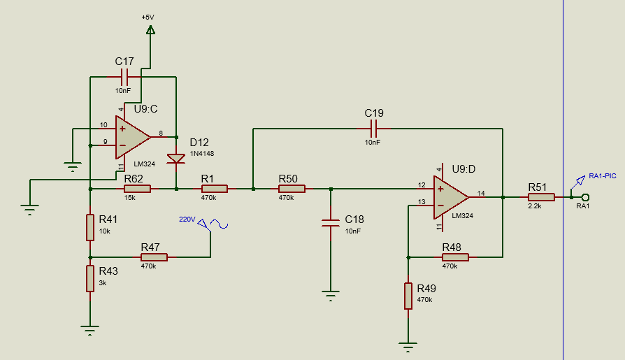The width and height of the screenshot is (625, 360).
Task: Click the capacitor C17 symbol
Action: pos(124,77)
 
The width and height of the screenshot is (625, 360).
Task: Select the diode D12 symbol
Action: pos(176,159)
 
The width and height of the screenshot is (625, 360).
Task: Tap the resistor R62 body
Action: pos(138,189)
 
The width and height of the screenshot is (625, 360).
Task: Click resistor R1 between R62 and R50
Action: pos(215,189)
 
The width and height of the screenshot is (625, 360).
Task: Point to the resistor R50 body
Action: pos(292,189)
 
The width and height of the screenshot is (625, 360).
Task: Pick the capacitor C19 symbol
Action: pos(374,129)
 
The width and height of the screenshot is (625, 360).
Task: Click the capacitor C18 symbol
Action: pos(331,223)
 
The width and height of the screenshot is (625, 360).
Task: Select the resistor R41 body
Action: pos(90,227)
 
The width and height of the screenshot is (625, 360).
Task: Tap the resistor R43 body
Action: pos(90,279)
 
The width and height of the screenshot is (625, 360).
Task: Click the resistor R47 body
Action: pos(154,257)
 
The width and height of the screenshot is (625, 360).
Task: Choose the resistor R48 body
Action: pos(455,257)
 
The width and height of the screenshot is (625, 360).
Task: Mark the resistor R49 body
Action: pos(408,296)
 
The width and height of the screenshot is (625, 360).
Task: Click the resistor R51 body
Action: pos(541,197)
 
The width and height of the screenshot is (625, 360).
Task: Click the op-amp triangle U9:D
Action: pos(451,197)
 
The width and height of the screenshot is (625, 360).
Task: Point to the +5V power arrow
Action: pos(150,29)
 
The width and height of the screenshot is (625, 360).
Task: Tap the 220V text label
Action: pos(187,219)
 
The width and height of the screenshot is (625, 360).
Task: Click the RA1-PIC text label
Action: pos(603,176)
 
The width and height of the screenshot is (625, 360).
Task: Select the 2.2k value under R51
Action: pos(535,206)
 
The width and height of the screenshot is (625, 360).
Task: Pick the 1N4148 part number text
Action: pos(202,154)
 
